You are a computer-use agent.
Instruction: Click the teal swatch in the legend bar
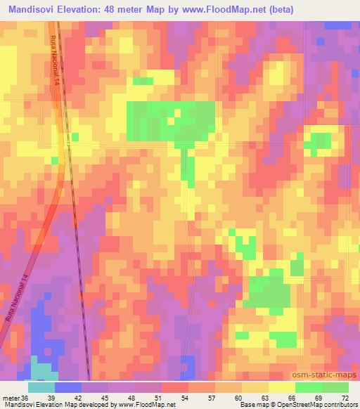tap(41, 387)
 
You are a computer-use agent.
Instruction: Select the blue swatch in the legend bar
tap(68, 387)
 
